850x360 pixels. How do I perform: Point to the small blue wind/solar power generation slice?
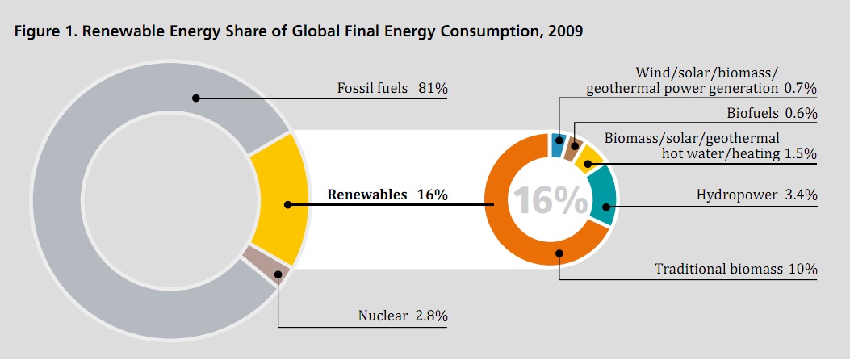557,144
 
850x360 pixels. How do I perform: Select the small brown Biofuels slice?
575,148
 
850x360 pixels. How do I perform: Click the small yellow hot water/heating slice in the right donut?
590,160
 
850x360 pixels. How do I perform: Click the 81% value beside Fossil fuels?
433,88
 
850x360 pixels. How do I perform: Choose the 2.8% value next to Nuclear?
429,314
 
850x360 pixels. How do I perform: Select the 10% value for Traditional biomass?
803,269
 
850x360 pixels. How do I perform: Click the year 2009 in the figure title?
563,32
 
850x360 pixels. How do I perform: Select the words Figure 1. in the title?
41,32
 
